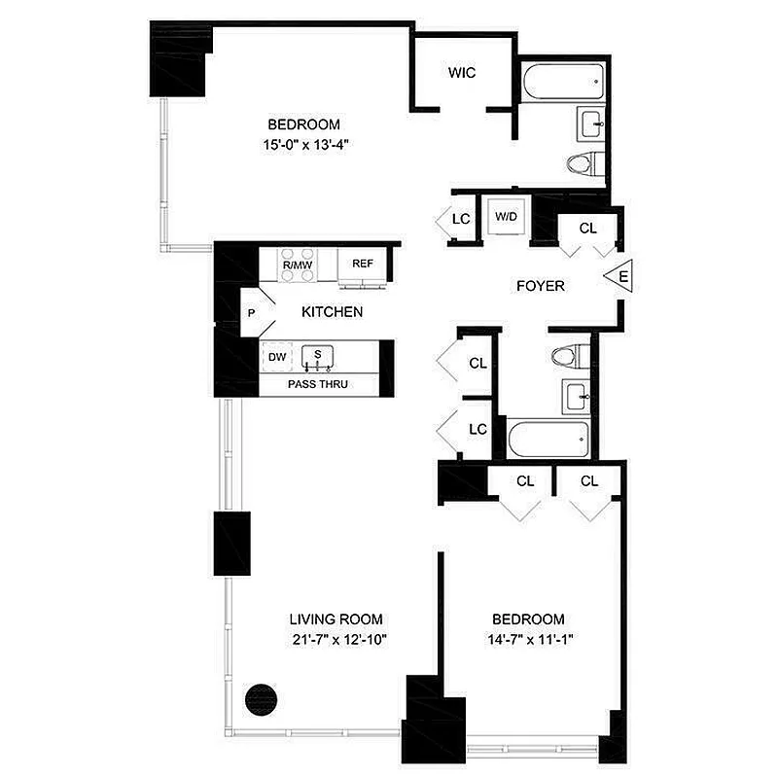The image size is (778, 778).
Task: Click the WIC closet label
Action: (462, 74)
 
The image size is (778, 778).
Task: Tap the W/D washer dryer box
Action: (506, 216)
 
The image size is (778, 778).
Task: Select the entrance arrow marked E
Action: (619, 277)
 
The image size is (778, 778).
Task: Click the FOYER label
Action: (540, 286)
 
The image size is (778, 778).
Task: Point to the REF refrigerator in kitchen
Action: (363, 264)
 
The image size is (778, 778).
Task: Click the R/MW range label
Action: (296, 265)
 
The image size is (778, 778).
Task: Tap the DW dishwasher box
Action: (277, 357)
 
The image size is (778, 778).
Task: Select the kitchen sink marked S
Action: (318, 357)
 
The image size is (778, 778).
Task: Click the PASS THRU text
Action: (318, 385)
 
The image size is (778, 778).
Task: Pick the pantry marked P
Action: (252, 313)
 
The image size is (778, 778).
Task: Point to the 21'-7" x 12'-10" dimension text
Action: (336, 639)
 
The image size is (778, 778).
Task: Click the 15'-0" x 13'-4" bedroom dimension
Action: (304, 144)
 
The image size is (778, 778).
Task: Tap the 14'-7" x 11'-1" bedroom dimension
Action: (528, 639)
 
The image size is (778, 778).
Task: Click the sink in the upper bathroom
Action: (591, 123)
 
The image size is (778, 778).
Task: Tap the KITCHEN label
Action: (332, 312)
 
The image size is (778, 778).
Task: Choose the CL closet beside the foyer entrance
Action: (587, 229)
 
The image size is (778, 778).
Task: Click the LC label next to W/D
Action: (462, 219)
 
